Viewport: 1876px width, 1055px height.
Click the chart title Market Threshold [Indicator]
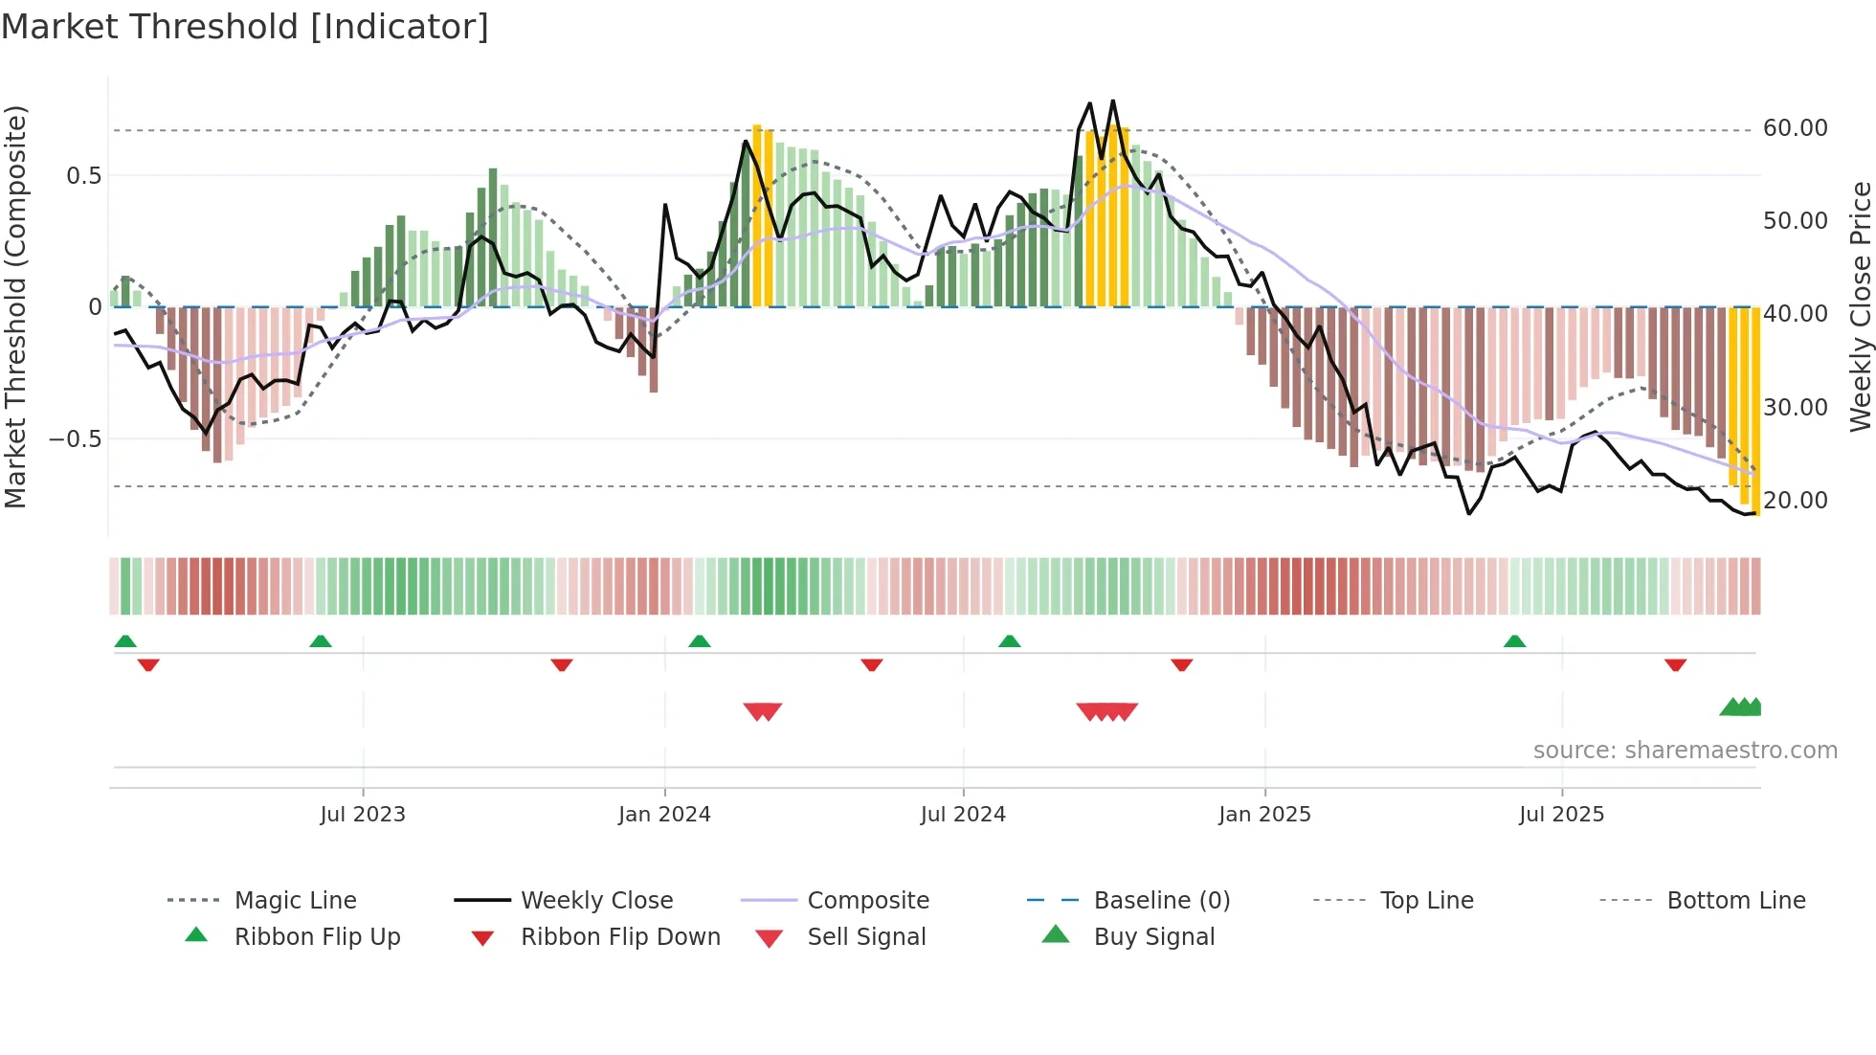click(x=245, y=27)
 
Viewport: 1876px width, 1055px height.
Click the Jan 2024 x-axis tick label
click(x=664, y=815)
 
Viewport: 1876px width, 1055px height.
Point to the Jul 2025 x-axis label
click(x=1561, y=815)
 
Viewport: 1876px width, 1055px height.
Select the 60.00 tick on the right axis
click(x=1795, y=128)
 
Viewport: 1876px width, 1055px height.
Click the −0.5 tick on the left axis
click(x=75, y=439)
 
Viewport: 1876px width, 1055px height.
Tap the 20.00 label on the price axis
click(x=1795, y=501)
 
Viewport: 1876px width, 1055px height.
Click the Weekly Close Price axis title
click(x=1860, y=306)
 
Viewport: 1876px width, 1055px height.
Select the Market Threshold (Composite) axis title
click(x=15, y=306)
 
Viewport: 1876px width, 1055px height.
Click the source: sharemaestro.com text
click(x=1685, y=751)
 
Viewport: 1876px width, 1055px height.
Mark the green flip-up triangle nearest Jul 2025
click(x=1514, y=641)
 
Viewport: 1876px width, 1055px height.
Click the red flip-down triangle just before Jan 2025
click(x=1182, y=664)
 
